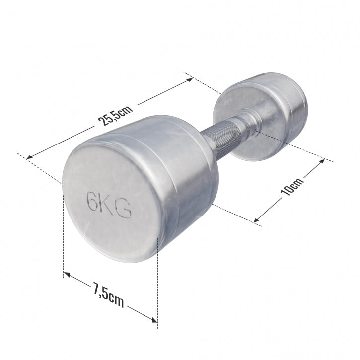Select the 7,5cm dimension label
pos(108,294)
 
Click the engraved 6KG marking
pos(109,205)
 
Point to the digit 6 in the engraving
pos(92,202)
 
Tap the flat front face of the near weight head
pos(107,204)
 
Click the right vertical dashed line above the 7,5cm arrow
pos(157,278)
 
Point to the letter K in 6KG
pos(108,205)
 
